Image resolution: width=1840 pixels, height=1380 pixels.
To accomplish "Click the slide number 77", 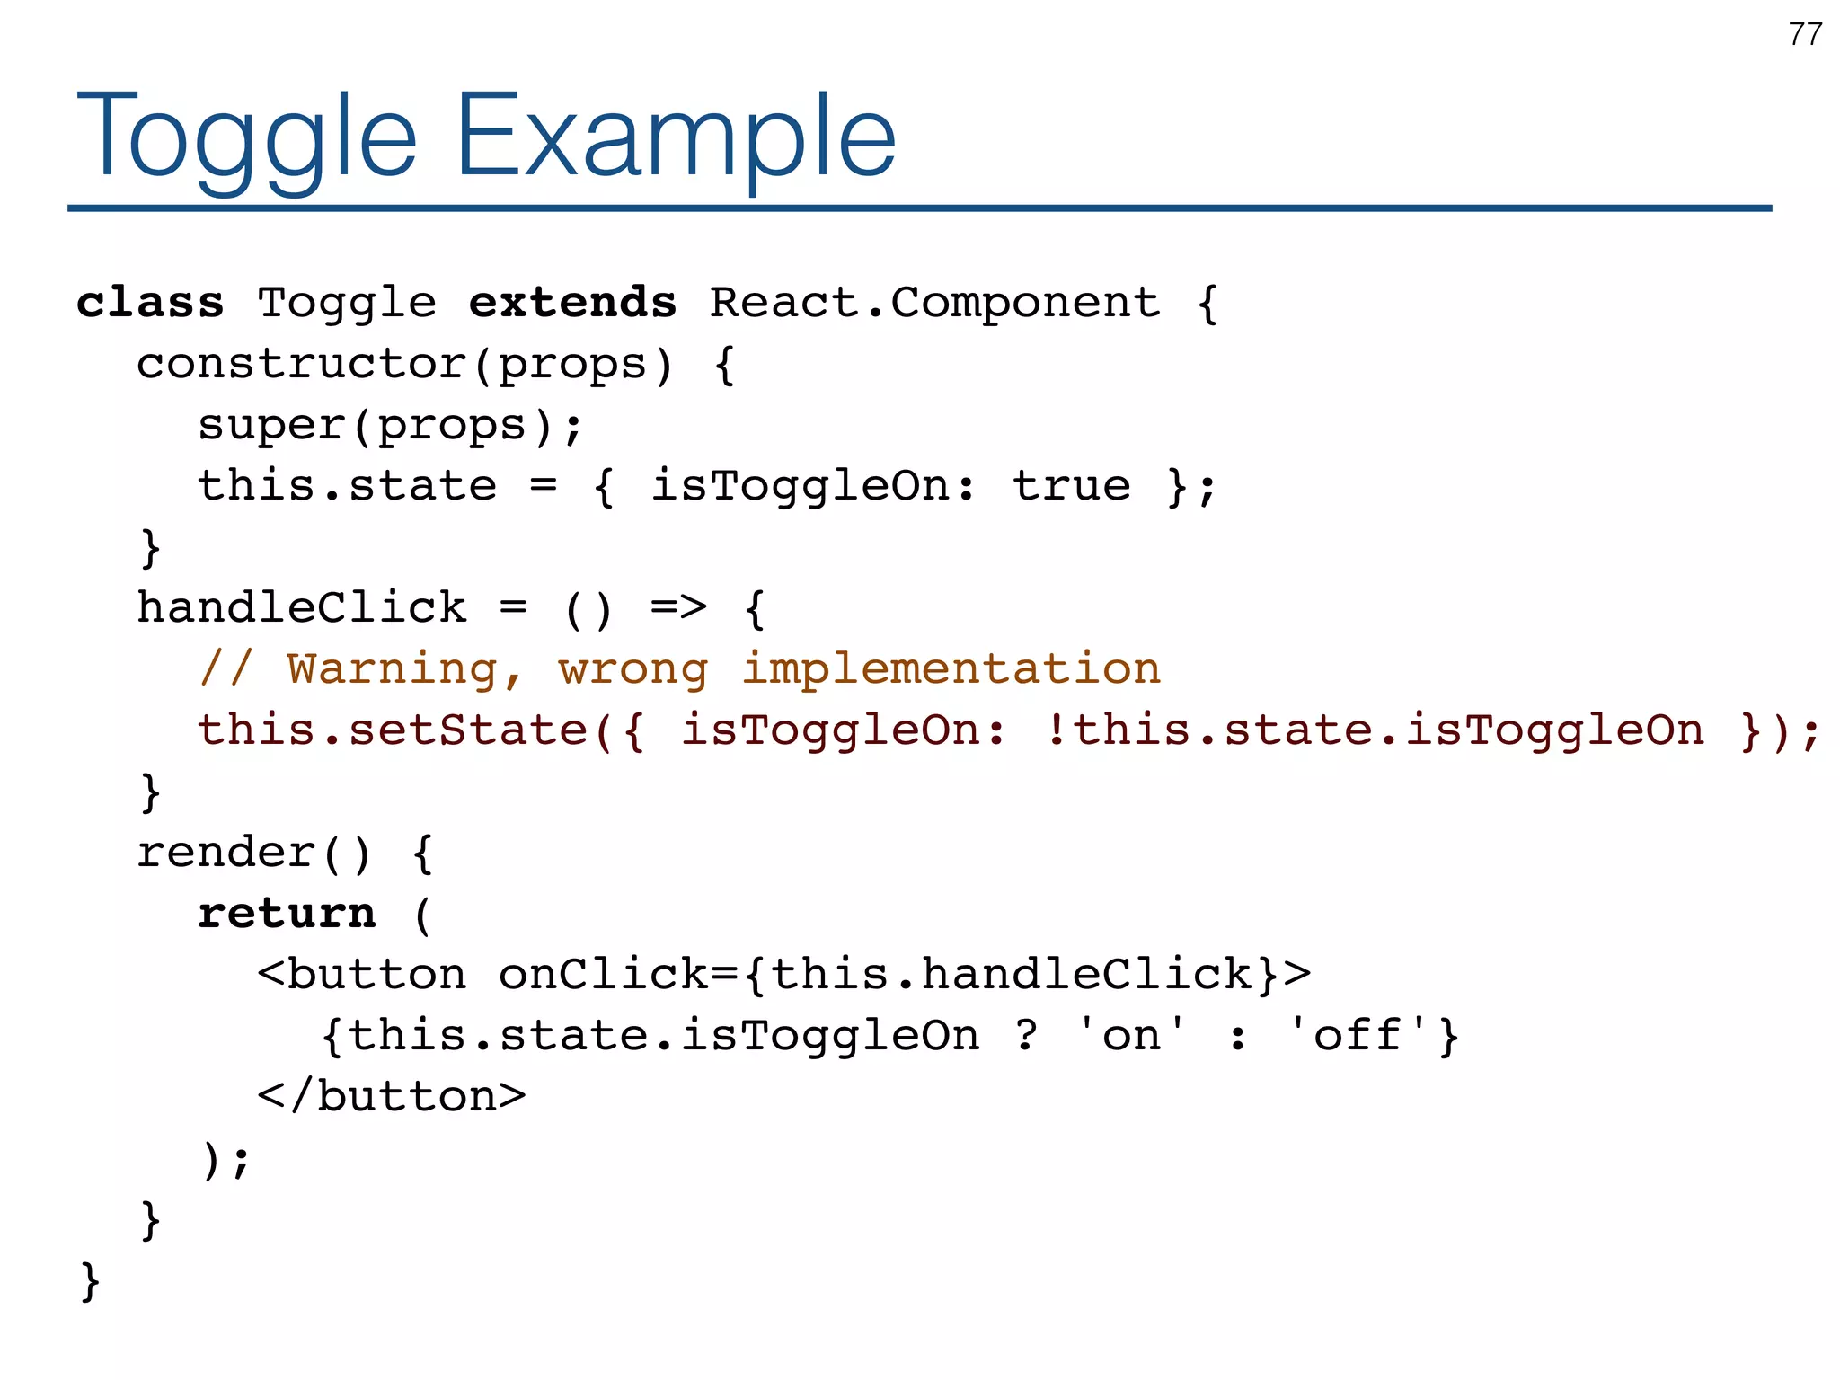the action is (1805, 34).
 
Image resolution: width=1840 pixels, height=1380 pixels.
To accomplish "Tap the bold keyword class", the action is (150, 303).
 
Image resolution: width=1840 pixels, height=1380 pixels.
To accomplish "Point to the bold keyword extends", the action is (572, 303).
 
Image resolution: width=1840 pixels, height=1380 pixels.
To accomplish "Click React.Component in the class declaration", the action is (934, 303).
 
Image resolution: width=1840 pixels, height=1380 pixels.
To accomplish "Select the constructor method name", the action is (302, 365).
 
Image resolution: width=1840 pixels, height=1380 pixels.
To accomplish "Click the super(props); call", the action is (391, 426).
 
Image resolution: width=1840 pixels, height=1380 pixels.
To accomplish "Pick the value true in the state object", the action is (1071, 487).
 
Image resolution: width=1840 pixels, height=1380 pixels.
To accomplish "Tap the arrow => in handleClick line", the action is (678, 608).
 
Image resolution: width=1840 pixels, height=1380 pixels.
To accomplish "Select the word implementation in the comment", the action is (951, 670).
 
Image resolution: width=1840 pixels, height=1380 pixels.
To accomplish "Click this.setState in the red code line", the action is (393, 730).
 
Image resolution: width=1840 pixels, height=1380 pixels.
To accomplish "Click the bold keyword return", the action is (287, 914).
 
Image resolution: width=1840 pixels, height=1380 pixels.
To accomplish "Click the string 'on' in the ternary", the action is (1132, 1035).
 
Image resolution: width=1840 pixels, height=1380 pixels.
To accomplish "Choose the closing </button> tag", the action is (392, 1097).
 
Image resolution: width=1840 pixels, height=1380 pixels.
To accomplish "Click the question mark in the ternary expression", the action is (1026, 1035).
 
